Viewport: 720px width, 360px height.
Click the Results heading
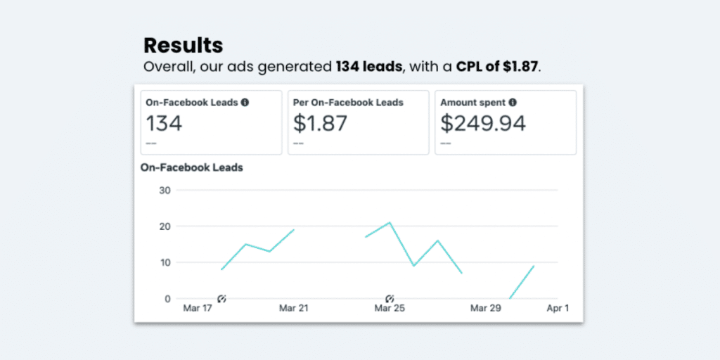(183, 46)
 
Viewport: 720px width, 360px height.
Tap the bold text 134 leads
(368, 67)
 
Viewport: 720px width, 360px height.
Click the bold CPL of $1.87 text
(496, 67)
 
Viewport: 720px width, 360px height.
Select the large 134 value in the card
(164, 124)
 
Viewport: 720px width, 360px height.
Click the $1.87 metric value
(320, 124)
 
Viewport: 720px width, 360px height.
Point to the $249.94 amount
(483, 124)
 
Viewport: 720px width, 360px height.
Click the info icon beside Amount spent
(513, 102)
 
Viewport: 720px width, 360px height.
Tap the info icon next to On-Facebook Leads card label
(245, 102)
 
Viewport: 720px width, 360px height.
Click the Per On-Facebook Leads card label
(348, 103)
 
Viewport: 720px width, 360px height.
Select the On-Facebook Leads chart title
(192, 167)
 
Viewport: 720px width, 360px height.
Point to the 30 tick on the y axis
(165, 190)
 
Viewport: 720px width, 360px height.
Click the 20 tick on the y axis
(165, 226)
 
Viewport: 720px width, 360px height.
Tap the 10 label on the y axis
(165, 262)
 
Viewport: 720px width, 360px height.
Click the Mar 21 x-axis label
(292, 309)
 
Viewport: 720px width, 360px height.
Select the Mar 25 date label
(390, 309)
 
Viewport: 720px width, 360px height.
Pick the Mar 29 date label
(486, 309)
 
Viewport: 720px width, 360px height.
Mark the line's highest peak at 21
(390, 223)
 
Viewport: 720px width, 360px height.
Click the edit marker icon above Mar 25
(390, 299)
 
